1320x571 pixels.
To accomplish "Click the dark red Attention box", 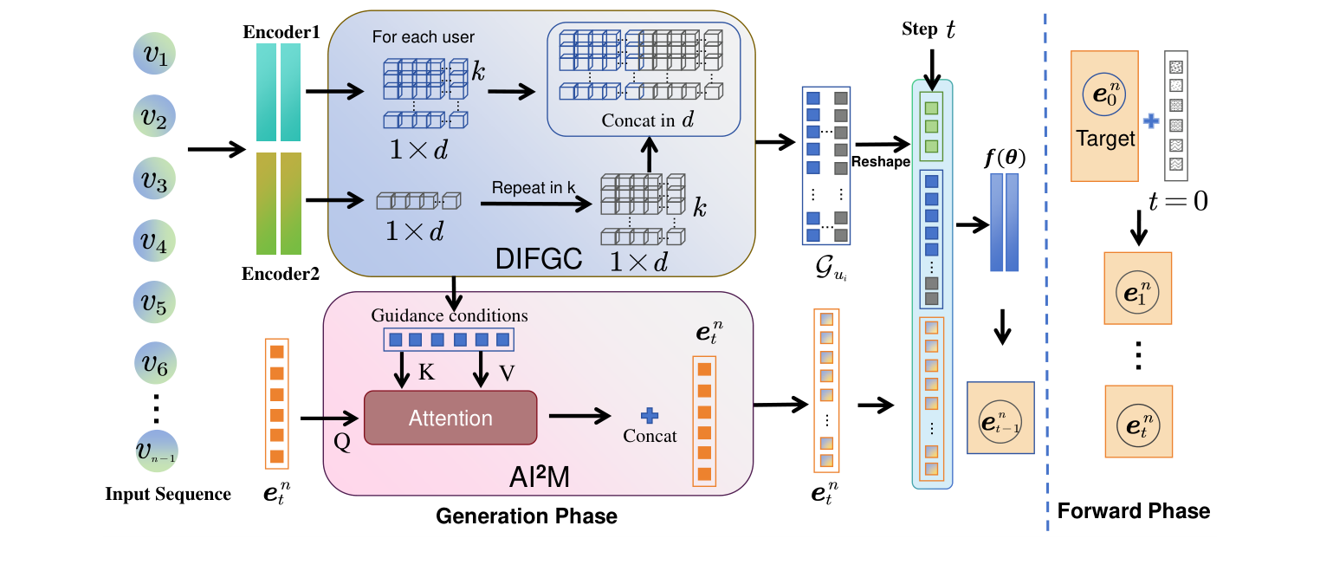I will [x=450, y=419].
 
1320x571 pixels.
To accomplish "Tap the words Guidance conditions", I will [x=450, y=315].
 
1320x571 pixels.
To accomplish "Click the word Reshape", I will [x=879, y=162].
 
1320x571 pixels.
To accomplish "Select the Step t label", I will [x=929, y=29].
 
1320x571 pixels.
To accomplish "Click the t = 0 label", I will [x=1177, y=201].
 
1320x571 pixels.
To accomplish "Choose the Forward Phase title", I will [x=1133, y=511].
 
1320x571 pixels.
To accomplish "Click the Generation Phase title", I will [x=526, y=516].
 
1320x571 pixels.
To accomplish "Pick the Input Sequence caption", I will [x=168, y=495].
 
